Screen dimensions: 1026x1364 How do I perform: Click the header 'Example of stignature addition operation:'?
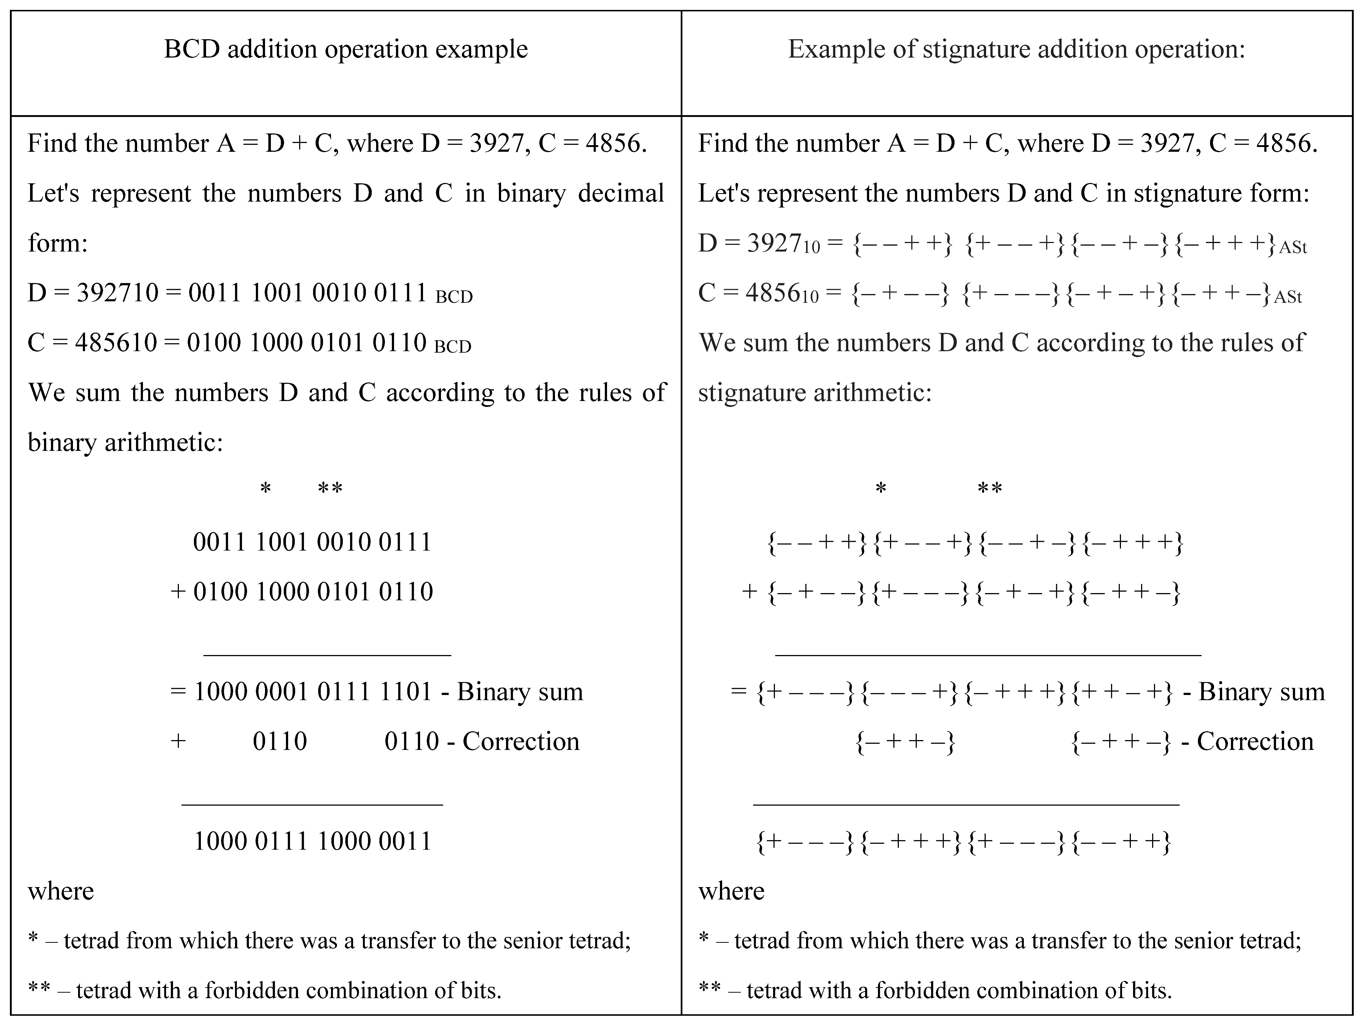point(1016,49)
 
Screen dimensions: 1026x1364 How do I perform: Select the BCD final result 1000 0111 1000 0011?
point(313,841)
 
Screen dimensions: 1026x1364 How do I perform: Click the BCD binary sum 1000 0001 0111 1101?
point(313,692)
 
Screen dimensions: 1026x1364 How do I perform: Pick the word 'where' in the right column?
point(731,891)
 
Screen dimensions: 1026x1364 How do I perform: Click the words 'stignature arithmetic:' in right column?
point(815,393)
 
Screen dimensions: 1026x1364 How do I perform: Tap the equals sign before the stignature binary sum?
point(738,692)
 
